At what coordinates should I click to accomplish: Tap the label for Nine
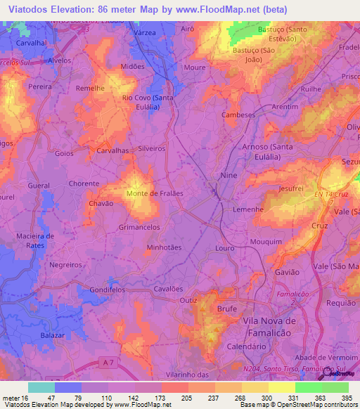[x=229, y=174]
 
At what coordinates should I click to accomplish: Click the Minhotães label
[x=163, y=248]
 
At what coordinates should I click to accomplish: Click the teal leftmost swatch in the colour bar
[x=41, y=387]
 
